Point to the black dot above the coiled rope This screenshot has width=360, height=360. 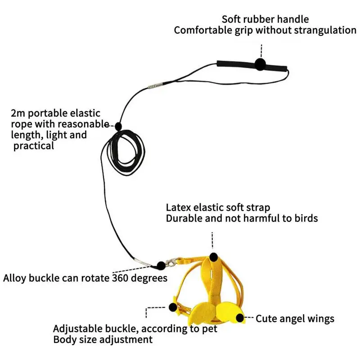pyautogui.click(x=118, y=126)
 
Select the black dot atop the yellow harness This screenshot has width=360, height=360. pyautogui.click(x=213, y=256)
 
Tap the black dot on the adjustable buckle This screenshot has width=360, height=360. pyautogui.click(x=173, y=307)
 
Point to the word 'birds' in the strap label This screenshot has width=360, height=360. pyautogui.click(x=306, y=218)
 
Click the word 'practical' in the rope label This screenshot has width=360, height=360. pyautogui.click(x=34, y=146)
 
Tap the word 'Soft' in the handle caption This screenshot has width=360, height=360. pyautogui.click(x=232, y=19)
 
